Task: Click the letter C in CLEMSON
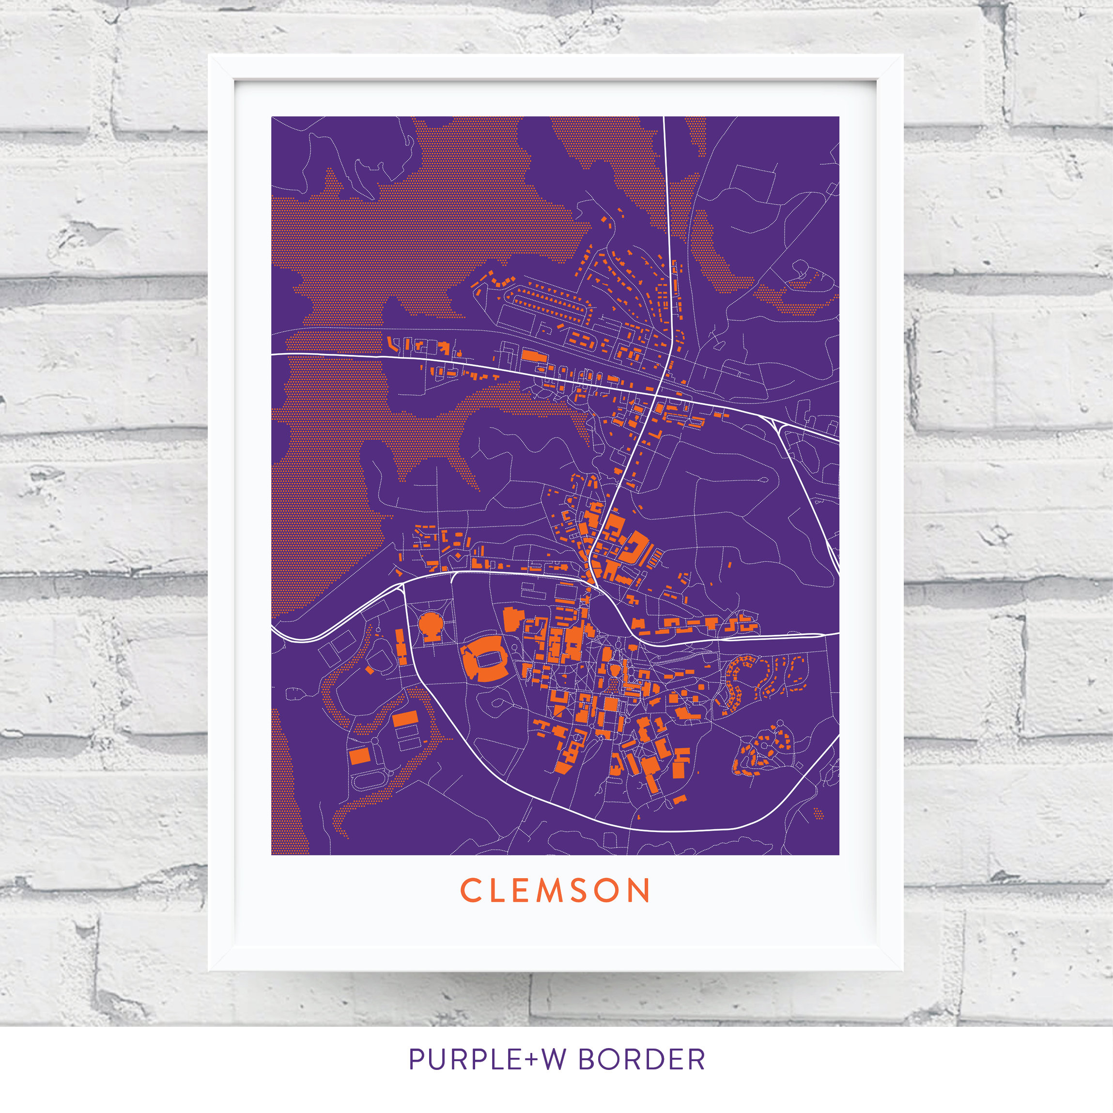pyautogui.click(x=470, y=891)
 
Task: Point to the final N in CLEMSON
pyautogui.click(x=639, y=891)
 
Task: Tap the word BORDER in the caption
pyautogui.click(x=641, y=1059)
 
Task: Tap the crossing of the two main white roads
pyautogui.click(x=657, y=395)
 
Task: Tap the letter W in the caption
pyautogui.click(x=554, y=1059)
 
